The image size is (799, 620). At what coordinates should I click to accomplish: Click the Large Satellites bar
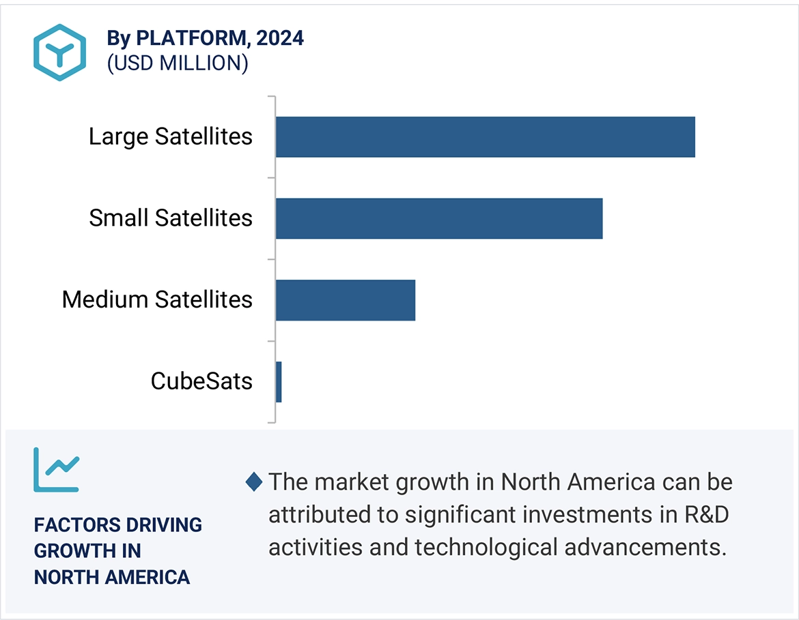point(485,137)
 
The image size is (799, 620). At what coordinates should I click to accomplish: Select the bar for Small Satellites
point(439,219)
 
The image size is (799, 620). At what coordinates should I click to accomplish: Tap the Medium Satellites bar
point(346,300)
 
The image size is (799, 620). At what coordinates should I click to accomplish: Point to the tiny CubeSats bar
point(279,382)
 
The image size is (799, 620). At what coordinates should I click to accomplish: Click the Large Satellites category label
point(171,136)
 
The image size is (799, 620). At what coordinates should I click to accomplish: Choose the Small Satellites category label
point(171,218)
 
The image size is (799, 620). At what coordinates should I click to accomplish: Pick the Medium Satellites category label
point(157,299)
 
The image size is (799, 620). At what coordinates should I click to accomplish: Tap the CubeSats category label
point(201,381)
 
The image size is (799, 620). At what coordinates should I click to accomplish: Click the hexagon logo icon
point(60,53)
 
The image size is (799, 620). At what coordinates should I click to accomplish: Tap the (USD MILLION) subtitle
point(177,63)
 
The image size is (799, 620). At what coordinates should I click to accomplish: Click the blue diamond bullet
point(253,482)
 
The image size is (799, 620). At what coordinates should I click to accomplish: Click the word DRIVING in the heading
point(164,525)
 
